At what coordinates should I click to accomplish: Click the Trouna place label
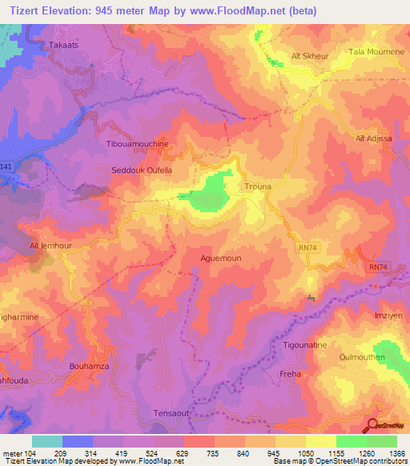[x=259, y=187]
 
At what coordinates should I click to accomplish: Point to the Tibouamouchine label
[x=138, y=143]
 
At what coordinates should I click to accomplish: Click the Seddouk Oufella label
[x=142, y=171]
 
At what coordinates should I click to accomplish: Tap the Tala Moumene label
[x=372, y=52]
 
